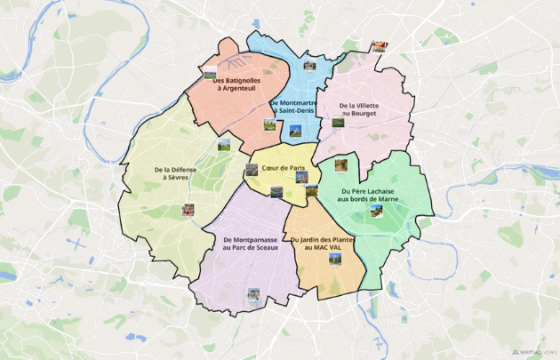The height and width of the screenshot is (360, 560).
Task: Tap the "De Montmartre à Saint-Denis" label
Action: click(x=297, y=107)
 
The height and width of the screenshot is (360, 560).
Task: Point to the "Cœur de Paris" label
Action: click(x=284, y=168)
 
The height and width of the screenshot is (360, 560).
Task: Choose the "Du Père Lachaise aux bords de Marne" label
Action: click(x=376, y=195)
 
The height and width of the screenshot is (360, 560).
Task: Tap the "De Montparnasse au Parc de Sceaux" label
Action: click(x=251, y=243)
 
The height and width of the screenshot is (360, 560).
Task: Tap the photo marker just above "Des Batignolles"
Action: click(x=210, y=71)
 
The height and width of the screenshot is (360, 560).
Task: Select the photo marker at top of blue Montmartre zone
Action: click(x=309, y=65)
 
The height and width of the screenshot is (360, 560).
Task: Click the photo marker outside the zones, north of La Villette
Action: click(x=380, y=46)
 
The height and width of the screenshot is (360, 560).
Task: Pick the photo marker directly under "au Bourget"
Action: click(x=338, y=123)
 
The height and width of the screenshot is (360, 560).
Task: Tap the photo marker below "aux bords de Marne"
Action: click(x=376, y=211)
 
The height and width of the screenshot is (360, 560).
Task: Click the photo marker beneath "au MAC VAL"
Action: click(x=335, y=259)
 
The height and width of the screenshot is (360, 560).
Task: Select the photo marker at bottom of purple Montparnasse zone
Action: click(x=254, y=292)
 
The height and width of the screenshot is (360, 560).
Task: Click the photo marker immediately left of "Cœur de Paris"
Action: click(x=252, y=169)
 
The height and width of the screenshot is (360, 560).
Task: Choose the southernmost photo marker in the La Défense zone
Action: click(x=188, y=211)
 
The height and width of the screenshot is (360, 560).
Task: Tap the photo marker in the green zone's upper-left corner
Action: click(x=340, y=164)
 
